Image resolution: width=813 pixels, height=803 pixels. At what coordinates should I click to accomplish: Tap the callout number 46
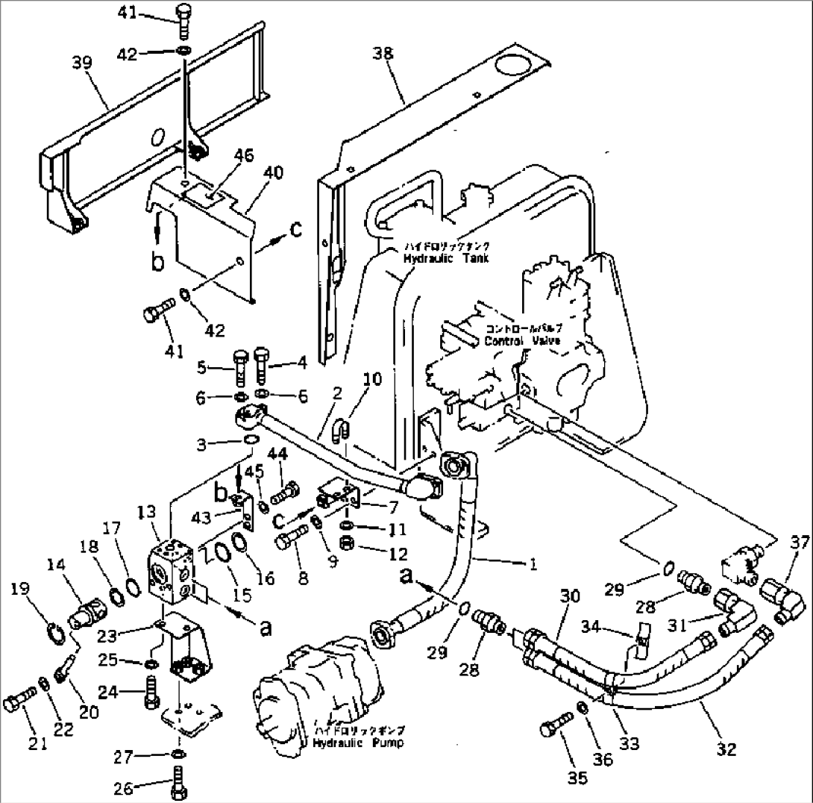(244, 156)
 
